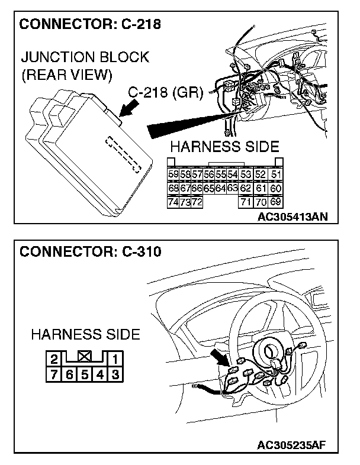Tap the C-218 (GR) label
166,93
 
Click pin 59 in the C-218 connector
173,175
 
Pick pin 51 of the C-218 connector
275,175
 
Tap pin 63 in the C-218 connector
232,188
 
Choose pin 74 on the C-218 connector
173,202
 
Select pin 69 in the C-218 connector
275,202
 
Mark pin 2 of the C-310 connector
53,358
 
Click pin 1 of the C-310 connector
115,358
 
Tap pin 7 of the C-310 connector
53,373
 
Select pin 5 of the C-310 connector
84,373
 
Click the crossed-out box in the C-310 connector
84,357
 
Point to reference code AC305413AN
292,217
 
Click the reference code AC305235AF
292,444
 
